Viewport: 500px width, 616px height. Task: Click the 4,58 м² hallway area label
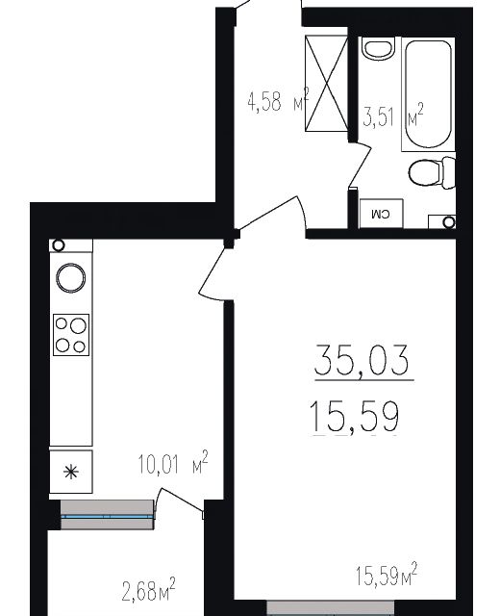click(x=277, y=102)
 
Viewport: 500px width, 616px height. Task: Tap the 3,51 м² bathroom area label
click(x=393, y=118)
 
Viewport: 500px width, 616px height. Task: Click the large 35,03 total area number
click(x=361, y=363)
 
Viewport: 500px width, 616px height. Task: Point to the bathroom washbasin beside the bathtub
click(x=380, y=47)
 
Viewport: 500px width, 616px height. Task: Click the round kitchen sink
click(x=70, y=278)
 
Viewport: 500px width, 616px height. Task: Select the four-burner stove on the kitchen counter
click(x=71, y=335)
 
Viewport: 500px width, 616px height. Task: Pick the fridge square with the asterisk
click(x=71, y=472)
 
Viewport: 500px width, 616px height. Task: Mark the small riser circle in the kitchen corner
click(x=59, y=246)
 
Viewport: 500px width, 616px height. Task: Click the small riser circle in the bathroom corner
click(x=449, y=222)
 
